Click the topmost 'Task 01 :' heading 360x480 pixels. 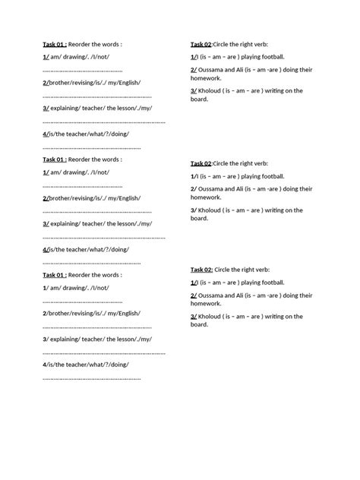(x=55, y=45)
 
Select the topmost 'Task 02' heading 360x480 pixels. (x=201, y=45)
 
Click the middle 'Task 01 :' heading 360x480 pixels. (x=55, y=159)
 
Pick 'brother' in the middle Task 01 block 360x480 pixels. (x=60, y=197)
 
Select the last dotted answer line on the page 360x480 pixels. (x=91, y=377)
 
